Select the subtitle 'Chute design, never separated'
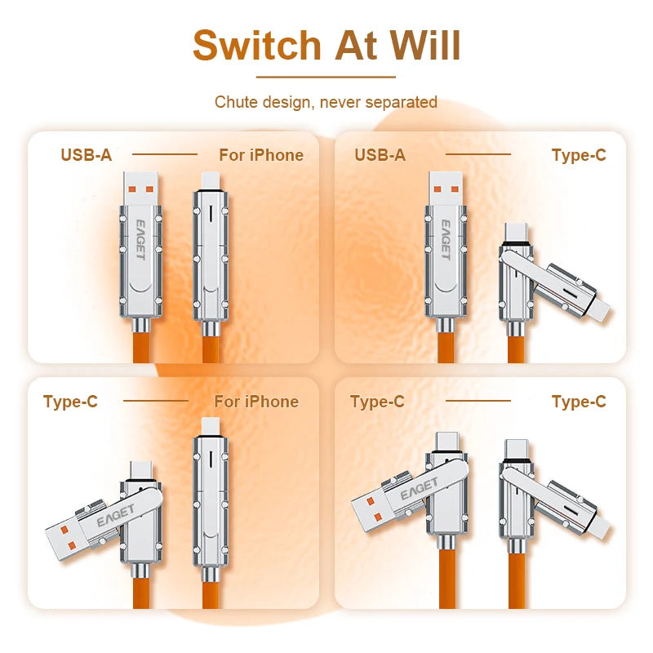[326, 102]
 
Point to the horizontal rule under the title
[326, 77]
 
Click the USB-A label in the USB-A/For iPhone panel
[87, 155]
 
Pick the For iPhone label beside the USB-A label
[261, 155]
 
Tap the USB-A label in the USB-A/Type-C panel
[380, 155]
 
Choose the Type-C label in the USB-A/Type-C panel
[579, 155]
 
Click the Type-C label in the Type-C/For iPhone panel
[70, 402]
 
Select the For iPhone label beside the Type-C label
[256, 402]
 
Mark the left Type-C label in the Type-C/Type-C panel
[377, 402]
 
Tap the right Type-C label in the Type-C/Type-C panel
[579, 402]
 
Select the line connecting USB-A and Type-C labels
[478, 154]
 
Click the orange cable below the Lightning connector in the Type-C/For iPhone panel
[210, 592]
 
